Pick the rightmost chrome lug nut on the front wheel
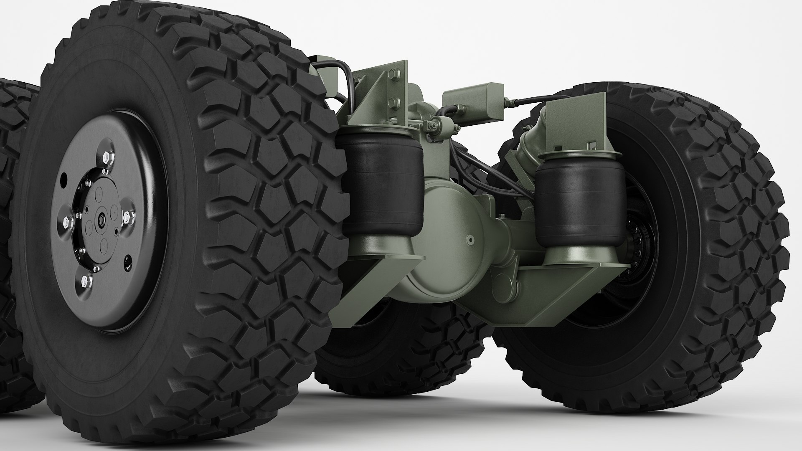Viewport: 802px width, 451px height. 129,216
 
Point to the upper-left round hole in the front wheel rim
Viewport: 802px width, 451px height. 63,180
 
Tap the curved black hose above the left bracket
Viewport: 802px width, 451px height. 334,69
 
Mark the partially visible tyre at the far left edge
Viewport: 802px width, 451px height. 15,167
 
